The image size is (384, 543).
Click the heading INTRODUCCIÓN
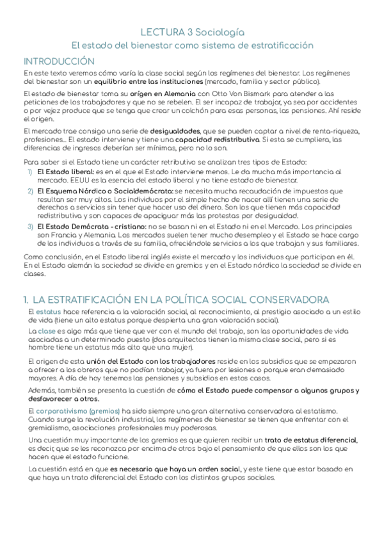click(x=59, y=61)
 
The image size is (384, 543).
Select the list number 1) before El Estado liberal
click(x=30, y=173)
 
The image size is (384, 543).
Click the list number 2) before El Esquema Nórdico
click(x=30, y=191)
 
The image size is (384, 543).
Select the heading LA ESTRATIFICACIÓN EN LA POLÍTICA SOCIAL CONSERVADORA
click(x=180, y=300)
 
